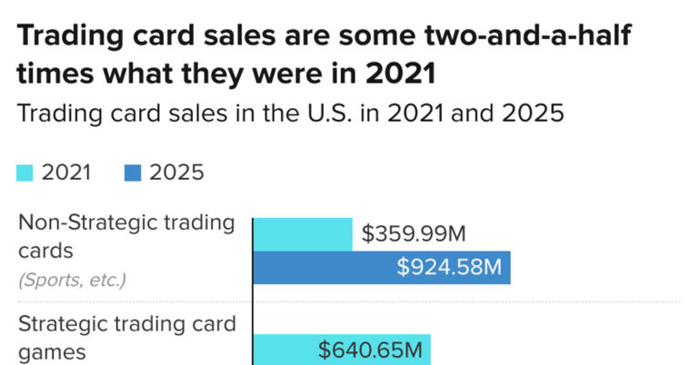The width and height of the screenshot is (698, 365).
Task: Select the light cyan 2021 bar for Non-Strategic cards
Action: [303, 233]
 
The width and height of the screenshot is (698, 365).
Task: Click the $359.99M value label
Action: [414, 234]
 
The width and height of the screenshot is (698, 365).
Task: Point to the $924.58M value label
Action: [449, 268]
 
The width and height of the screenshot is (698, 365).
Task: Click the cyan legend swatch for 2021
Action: [25, 173]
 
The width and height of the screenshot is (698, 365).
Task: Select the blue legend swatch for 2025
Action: [133, 173]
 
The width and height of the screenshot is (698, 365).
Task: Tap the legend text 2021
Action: [66, 173]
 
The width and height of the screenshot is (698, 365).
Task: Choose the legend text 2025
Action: [176, 173]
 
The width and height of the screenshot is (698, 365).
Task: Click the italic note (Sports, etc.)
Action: [72, 281]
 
